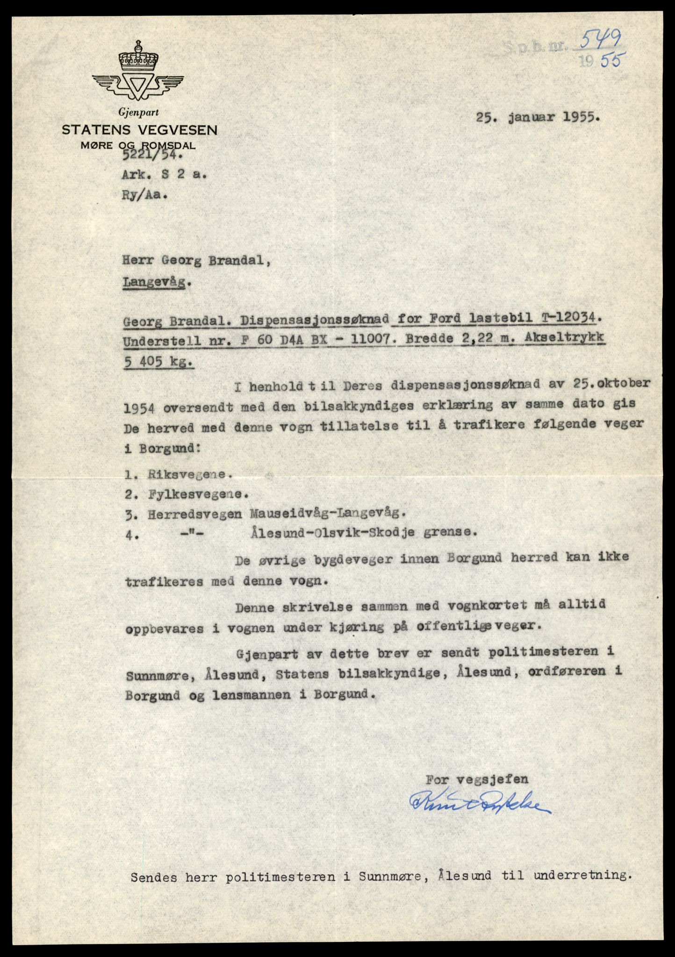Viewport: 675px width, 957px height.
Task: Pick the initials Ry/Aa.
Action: pos(144,195)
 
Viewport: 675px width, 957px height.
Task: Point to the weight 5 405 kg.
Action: pos(159,364)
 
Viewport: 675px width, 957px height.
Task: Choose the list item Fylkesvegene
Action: pos(197,494)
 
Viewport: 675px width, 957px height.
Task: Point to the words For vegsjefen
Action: pos(477,779)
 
